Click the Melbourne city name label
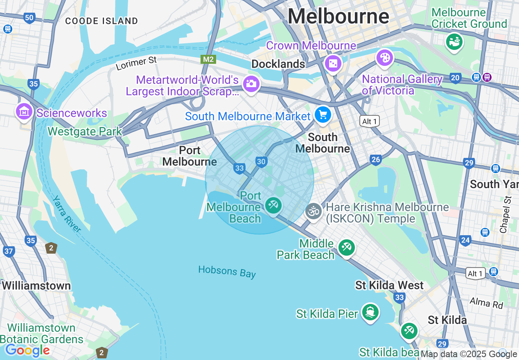click(338, 17)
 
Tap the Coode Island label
click(102, 21)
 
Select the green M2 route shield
click(208, 59)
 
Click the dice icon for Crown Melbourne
click(333, 63)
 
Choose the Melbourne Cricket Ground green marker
click(454, 41)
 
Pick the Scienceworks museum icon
click(24, 111)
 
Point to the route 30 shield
click(262, 162)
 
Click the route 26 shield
click(376, 160)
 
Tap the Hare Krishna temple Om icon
click(314, 211)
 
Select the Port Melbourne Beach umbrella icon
click(273, 205)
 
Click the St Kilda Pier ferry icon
click(371, 312)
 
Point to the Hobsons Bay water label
click(227, 271)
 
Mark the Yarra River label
click(67, 214)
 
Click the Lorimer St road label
click(136, 63)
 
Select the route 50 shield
click(29, 18)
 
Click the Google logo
click(27, 350)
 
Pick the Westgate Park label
click(85, 131)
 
